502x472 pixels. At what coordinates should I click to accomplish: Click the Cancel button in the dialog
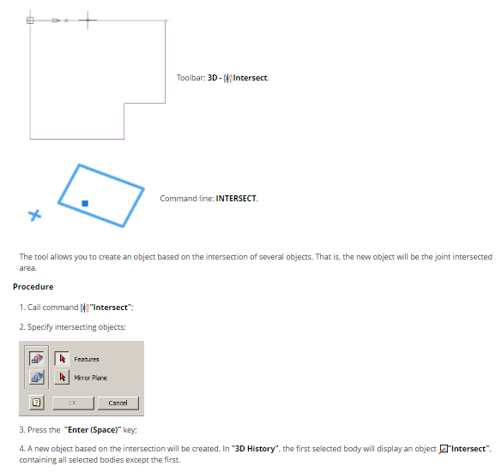click(x=118, y=403)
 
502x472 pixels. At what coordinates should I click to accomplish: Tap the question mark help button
click(x=37, y=403)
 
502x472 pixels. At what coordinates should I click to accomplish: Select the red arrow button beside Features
click(x=62, y=359)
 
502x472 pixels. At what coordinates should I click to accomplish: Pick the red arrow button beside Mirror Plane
click(x=62, y=377)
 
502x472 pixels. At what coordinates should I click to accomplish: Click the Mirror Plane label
click(x=91, y=378)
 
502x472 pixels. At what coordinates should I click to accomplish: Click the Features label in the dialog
click(x=87, y=359)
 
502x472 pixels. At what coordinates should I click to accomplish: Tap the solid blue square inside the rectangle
click(x=85, y=204)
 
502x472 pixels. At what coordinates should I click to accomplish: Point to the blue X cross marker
click(x=35, y=215)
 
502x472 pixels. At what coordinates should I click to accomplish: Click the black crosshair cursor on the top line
click(x=88, y=21)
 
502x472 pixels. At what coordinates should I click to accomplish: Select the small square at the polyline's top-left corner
click(x=30, y=21)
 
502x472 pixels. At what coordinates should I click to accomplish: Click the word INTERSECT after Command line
click(x=236, y=199)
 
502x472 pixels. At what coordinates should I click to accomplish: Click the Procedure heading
click(x=33, y=287)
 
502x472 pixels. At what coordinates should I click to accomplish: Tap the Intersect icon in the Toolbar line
click(x=228, y=78)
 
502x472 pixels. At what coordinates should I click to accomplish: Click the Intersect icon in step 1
click(x=85, y=308)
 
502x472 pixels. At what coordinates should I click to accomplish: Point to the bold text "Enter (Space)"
click(x=93, y=430)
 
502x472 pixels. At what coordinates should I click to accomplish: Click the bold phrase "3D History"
click(x=255, y=449)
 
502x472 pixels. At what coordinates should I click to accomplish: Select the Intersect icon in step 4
click(x=444, y=449)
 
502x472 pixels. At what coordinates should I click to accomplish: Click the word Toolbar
click(x=191, y=78)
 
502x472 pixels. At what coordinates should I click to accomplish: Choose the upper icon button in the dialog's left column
click(x=37, y=358)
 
